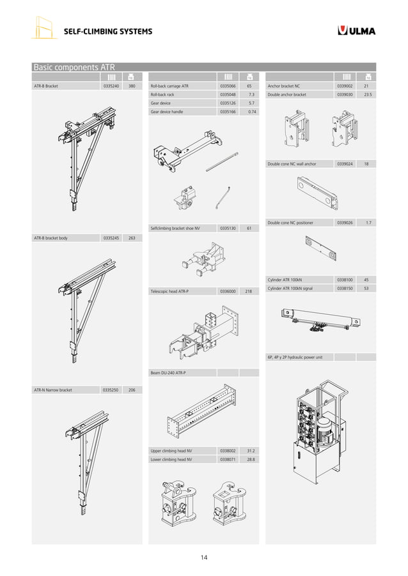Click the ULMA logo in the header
(x=356, y=31)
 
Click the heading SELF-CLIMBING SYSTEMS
(x=107, y=32)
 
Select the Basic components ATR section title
(x=74, y=67)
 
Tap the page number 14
(x=204, y=557)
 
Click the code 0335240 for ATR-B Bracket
(x=111, y=86)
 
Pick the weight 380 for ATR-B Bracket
(x=132, y=86)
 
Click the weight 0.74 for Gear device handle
(x=252, y=112)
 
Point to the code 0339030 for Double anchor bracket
(x=344, y=95)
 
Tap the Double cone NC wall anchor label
(x=292, y=164)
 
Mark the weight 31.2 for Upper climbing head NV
(x=251, y=451)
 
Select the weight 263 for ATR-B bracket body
(x=132, y=238)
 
